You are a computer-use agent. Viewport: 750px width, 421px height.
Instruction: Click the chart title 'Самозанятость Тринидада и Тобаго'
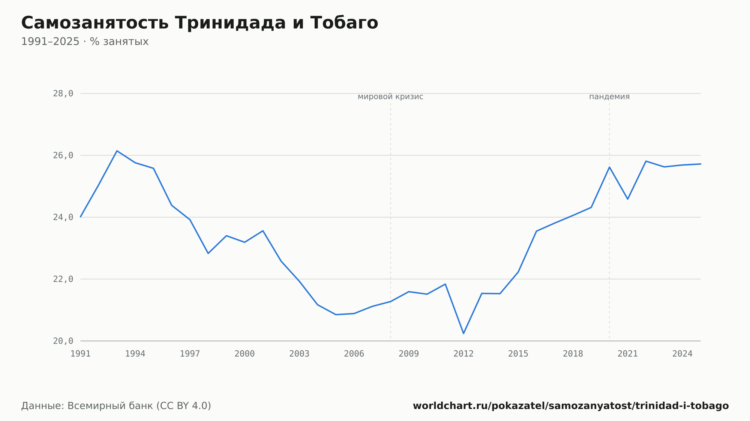[x=199, y=23]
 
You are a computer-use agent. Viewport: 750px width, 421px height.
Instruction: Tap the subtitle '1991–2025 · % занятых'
[x=85, y=42]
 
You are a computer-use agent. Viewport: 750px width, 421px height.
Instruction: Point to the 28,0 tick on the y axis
[x=63, y=94]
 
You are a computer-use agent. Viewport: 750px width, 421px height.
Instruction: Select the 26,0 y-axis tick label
[x=63, y=155]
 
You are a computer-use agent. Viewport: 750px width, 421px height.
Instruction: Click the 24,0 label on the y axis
[x=63, y=217]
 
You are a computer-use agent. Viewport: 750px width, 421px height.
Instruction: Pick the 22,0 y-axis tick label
[x=63, y=279]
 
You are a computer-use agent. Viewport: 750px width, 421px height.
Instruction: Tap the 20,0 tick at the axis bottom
[x=63, y=341]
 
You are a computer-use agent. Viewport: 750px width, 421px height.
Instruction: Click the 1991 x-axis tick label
[x=81, y=354]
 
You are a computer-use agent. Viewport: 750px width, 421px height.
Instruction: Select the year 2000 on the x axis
[x=244, y=354]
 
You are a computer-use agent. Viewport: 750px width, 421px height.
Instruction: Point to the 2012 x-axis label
[x=463, y=354]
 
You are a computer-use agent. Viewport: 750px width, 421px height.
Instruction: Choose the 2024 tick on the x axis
[x=682, y=354]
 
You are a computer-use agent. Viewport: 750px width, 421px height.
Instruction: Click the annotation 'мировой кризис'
[x=390, y=97]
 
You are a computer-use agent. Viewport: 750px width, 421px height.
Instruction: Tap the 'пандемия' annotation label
[x=609, y=97]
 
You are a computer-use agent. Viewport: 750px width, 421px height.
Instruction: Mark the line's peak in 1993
[x=117, y=151]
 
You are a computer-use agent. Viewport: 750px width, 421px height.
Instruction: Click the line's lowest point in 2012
[x=463, y=333]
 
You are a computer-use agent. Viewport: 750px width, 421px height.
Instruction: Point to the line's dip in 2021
[x=628, y=199]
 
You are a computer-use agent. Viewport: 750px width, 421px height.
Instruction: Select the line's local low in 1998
[x=208, y=254]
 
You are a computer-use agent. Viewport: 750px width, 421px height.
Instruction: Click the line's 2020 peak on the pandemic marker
[x=609, y=167]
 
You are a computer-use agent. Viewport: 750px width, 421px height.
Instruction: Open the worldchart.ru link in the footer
[x=571, y=406]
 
